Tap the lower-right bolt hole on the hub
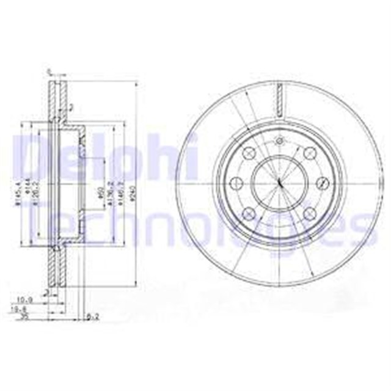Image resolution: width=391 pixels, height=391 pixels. click(308, 212)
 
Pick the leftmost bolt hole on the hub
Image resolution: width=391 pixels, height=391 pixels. click(235, 183)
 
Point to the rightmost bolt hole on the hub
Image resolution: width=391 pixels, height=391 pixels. click(321, 183)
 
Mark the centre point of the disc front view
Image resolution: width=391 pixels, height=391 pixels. click(278, 183)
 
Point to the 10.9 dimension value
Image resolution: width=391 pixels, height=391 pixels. click(24, 300)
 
